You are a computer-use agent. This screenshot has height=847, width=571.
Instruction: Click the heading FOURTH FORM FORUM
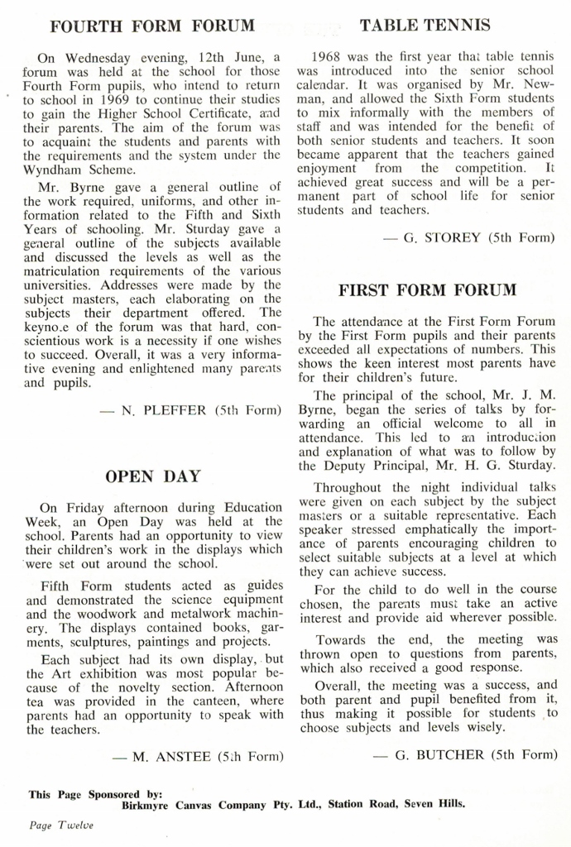(x=152, y=26)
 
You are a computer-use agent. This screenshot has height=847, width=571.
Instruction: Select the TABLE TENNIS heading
(x=425, y=26)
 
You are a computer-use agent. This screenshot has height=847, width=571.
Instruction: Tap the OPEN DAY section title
(x=153, y=476)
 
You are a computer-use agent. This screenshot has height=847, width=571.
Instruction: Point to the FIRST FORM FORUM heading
(x=427, y=290)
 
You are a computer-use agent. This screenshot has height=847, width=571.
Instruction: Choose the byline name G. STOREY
(x=444, y=237)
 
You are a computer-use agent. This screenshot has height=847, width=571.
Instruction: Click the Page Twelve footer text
(x=61, y=825)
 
